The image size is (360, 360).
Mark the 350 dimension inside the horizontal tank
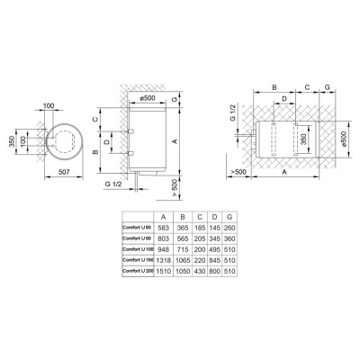tap(306, 139)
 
